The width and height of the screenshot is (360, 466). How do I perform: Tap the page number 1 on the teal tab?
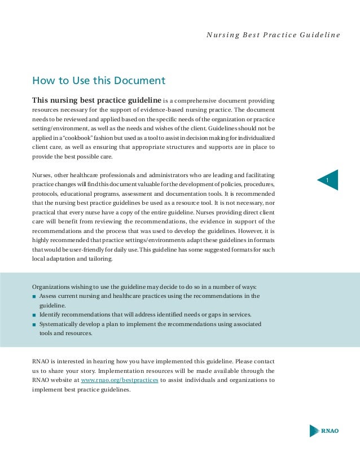coord(327,180)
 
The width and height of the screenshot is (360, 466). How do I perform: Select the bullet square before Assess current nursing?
coord(34,296)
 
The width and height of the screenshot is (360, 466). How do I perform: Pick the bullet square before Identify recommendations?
coord(34,315)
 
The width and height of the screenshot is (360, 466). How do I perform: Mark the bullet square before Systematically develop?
coord(34,325)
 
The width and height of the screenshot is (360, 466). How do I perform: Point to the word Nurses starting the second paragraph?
coord(42,175)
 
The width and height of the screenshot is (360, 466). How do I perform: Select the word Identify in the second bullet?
coord(50,315)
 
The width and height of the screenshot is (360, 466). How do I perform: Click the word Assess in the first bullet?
coord(49,296)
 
